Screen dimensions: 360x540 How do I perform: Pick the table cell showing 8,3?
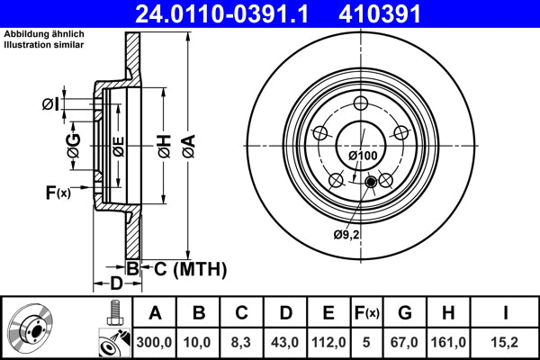point(242,342)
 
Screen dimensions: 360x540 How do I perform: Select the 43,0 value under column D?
point(285,342)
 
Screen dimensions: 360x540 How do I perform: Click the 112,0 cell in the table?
point(328,342)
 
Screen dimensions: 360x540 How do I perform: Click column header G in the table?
point(405,313)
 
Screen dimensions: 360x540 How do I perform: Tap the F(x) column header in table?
point(367,313)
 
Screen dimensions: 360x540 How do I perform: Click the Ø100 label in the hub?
point(363,156)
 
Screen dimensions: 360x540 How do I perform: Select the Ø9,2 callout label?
point(346,235)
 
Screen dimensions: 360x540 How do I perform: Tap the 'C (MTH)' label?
point(184,268)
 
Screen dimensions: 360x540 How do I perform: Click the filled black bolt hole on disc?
point(371,184)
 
